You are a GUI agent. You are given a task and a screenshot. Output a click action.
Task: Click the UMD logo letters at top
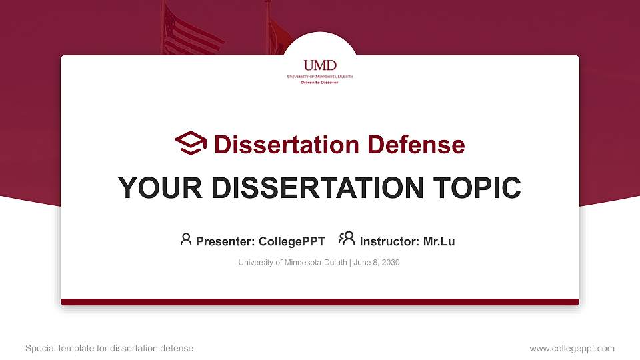[x=320, y=65]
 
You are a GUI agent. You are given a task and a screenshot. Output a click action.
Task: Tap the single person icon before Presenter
[x=186, y=239]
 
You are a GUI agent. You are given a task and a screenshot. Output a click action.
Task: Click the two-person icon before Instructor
[x=347, y=239]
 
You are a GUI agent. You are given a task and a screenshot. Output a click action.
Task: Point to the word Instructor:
[x=389, y=241]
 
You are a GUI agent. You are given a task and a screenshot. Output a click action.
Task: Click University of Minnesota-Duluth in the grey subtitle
[x=292, y=263]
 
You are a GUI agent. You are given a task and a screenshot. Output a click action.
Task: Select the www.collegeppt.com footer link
[x=571, y=348]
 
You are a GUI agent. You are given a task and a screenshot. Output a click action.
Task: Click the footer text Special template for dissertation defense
[x=109, y=348]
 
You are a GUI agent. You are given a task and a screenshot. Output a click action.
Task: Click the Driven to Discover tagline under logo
[x=320, y=82]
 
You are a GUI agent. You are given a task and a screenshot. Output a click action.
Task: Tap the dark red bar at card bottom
[x=320, y=302]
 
